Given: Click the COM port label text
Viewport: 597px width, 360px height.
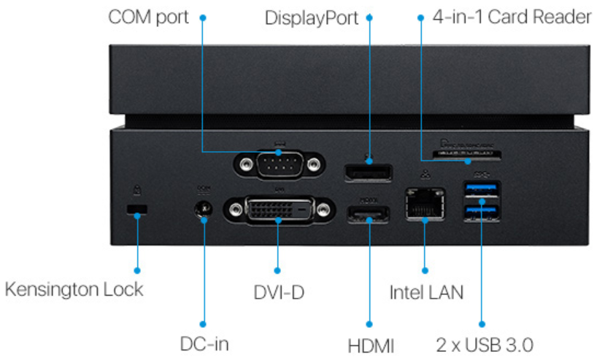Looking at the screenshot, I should (x=148, y=17).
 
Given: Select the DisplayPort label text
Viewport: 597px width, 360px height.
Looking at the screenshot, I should (x=312, y=18).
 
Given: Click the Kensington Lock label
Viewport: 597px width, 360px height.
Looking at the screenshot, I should (x=74, y=288).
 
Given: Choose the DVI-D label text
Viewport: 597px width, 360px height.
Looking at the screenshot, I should (x=278, y=292).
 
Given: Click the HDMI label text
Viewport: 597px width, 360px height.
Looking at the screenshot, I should (x=370, y=343).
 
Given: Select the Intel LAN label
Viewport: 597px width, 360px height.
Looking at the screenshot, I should (x=425, y=292).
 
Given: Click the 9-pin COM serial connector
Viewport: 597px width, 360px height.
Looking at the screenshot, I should (x=277, y=165).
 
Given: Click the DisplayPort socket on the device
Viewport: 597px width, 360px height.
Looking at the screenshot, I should (x=369, y=174).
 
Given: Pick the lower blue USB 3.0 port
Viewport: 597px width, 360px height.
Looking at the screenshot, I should (x=482, y=212).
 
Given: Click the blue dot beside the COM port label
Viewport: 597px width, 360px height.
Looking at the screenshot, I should (x=203, y=17).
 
